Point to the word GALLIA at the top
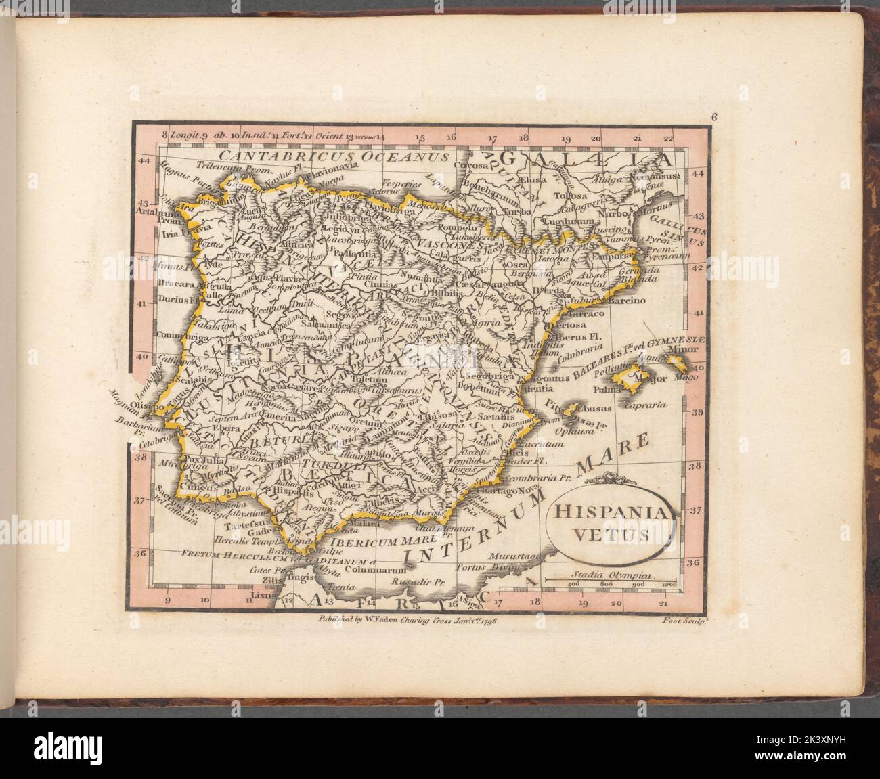(x=589, y=160)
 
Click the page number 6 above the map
(x=714, y=116)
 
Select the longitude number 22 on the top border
(x=669, y=139)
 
